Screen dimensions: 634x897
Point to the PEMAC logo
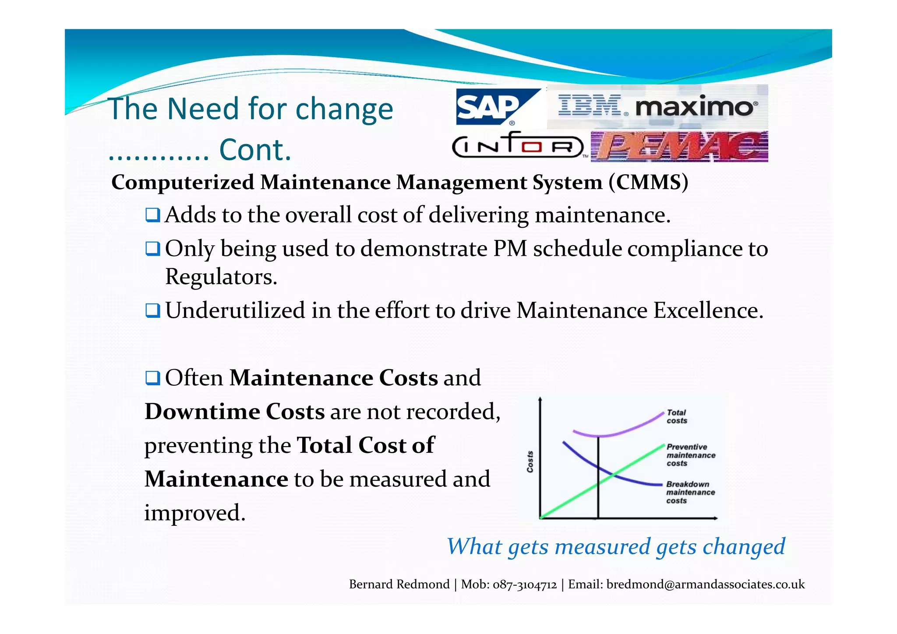679,147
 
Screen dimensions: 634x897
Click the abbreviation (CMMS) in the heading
649,182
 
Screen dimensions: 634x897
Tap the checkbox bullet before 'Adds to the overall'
153,215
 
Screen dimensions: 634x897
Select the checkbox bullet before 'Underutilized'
153,311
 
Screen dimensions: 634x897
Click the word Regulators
221,277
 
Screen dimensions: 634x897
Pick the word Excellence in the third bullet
708,310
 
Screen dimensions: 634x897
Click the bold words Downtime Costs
235,412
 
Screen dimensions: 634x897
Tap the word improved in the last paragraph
194,513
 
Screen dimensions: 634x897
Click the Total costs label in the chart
677,416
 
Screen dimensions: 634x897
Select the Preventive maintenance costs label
690,455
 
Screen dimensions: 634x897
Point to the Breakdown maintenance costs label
690,492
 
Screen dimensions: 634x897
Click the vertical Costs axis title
530,461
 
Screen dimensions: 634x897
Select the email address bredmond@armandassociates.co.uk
705,585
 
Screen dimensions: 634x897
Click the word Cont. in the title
255,150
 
